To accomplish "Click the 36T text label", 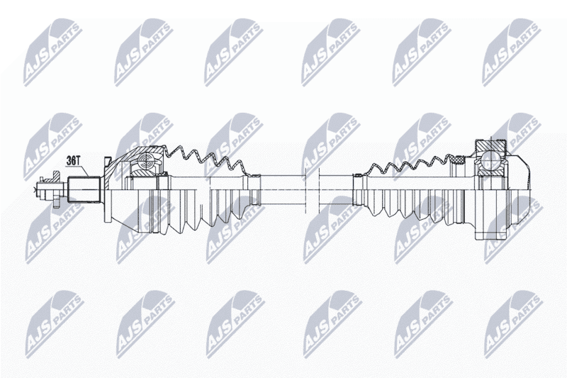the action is pyautogui.click(x=74, y=160).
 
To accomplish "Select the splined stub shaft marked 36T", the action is pyautogui.click(x=84, y=189).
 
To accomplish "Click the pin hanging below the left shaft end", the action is pyautogui.click(x=56, y=201).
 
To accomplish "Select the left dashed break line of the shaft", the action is pyautogui.click(x=305, y=190).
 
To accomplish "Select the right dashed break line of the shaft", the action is pyautogui.click(x=318, y=190).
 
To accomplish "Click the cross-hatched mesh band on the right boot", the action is pyautogui.click(x=457, y=158).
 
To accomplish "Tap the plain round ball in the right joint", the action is pyautogui.click(x=491, y=159).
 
